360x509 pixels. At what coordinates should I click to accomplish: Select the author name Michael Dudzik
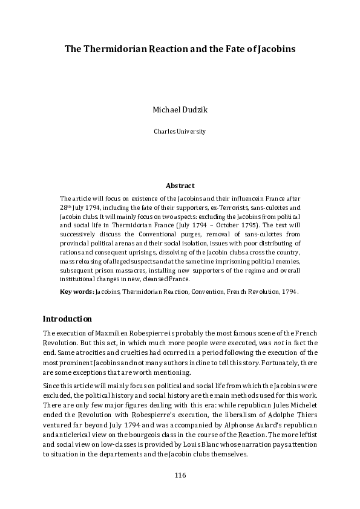point(180,111)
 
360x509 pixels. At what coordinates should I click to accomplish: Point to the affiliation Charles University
point(180,131)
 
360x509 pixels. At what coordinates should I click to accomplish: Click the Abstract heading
point(180,186)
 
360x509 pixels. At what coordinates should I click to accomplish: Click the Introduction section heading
point(67,319)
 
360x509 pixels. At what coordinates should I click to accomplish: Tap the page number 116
point(180,475)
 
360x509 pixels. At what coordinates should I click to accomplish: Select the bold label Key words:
point(77,291)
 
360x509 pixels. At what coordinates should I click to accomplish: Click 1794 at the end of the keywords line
point(289,291)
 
